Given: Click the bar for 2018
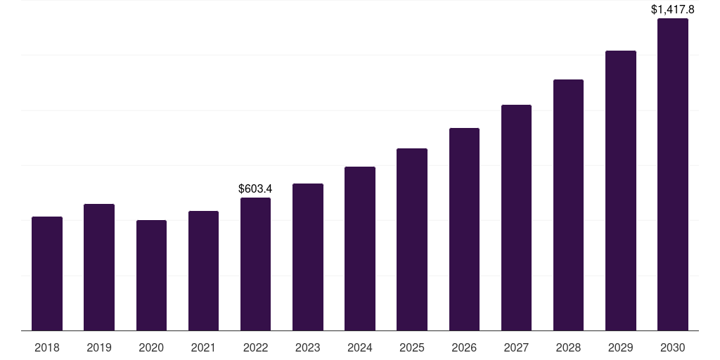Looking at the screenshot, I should (x=47, y=274).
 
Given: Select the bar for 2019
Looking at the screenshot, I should (x=99, y=267).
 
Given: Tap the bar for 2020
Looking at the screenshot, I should (x=151, y=275).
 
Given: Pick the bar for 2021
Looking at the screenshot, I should (x=203, y=271).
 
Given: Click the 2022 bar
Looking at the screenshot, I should (x=255, y=264).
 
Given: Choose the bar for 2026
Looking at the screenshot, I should (x=464, y=229).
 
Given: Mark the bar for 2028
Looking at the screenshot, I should (x=568, y=205).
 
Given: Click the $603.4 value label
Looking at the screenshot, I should (x=255, y=188).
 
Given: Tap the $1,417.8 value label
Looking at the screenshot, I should (x=672, y=9).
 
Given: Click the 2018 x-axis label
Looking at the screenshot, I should (x=47, y=347).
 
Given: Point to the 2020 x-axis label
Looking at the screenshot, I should (x=151, y=347).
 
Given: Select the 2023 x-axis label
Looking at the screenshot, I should (x=308, y=347).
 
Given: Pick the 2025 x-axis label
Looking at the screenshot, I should (x=412, y=347).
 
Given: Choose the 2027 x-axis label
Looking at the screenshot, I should (x=516, y=347).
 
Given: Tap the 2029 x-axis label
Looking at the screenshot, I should (x=621, y=347).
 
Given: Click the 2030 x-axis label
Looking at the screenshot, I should (x=673, y=347).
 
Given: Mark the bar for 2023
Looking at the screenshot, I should (x=308, y=257).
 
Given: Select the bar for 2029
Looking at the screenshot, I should (x=621, y=191).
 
